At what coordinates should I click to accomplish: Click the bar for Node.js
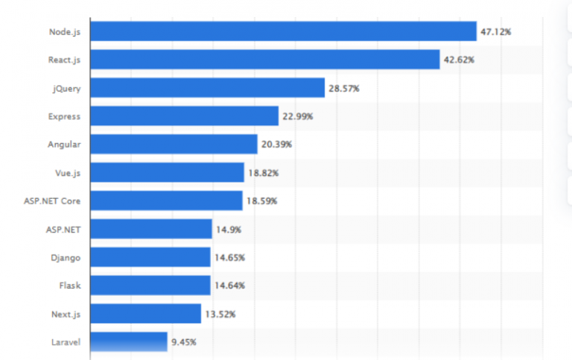coord(283,31)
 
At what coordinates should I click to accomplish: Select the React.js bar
coord(265,60)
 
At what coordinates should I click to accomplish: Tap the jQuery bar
coord(207,88)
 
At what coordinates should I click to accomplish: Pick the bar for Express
coord(184,116)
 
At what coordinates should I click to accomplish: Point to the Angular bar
coord(174,144)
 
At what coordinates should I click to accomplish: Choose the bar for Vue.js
coord(167,172)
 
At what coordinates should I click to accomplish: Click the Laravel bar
coord(128,342)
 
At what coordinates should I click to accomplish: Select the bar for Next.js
coord(145,314)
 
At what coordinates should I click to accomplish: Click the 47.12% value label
coord(496,32)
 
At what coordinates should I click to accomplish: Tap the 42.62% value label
coord(460,60)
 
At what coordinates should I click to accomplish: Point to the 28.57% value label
coord(344,88)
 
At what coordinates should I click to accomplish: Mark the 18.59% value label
coord(261,201)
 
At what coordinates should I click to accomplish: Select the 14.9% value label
coord(228,229)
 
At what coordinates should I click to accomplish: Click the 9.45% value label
coord(184,342)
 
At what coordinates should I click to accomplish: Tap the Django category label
coord(66,258)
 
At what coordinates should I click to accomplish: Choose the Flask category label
coord(69,285)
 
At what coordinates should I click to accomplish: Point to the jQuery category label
coord(66,89)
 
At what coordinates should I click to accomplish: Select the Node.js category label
coord(64,32)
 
